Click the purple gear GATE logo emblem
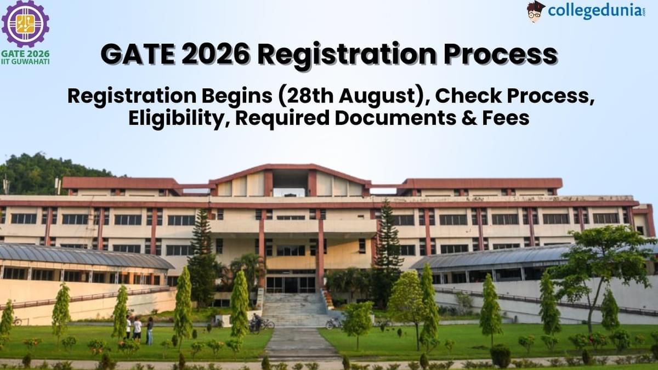tap(25, 24)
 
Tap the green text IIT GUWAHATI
tap(25, 62)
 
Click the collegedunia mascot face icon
tap(535, 12)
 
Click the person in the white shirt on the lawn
tap(137, 328)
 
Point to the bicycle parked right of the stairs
tap(333, 323)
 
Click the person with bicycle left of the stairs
tap(257, 323)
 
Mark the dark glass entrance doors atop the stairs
tap(291, 284)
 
